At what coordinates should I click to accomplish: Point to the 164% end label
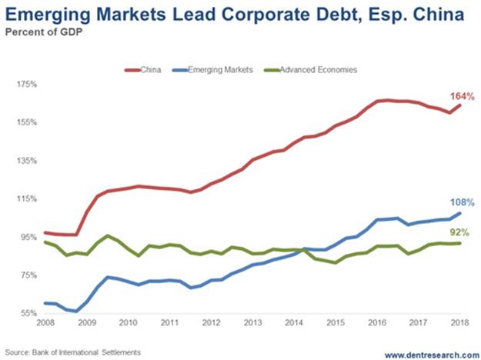pyautogui.click(x=461, y=97)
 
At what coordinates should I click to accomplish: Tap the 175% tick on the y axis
pyautogui.click(x=28, y=84)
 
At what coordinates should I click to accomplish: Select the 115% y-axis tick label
pyautogui.click(x=28, y=198)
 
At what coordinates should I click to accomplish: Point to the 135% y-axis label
pyautogui.click(x=28, y=160)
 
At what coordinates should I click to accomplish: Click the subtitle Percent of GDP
pyautogui.click(x=44, y=31)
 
